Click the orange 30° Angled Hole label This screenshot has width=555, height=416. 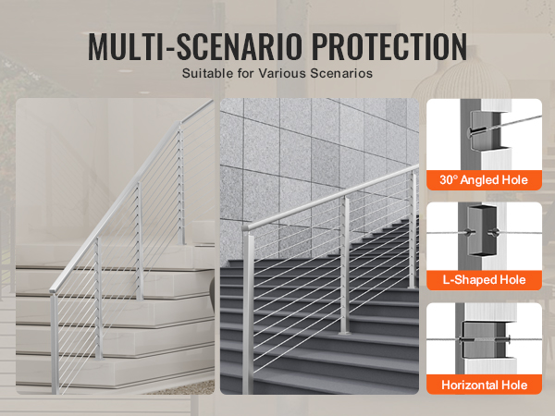(x=484, y=180)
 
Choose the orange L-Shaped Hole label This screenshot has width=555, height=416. (x=484, y=280)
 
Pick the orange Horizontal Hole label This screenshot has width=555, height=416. (x=484, y=385)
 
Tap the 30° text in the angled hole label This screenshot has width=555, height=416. (x=449, y=179)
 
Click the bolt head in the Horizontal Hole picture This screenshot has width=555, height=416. (x=509, y=340)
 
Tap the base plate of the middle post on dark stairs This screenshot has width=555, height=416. (x=344, y=332)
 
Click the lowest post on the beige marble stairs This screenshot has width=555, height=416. (x=55, y=342)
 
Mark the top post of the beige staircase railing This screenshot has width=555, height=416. (x=181, y=183)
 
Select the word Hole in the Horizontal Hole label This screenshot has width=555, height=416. (x=513, y=385)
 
